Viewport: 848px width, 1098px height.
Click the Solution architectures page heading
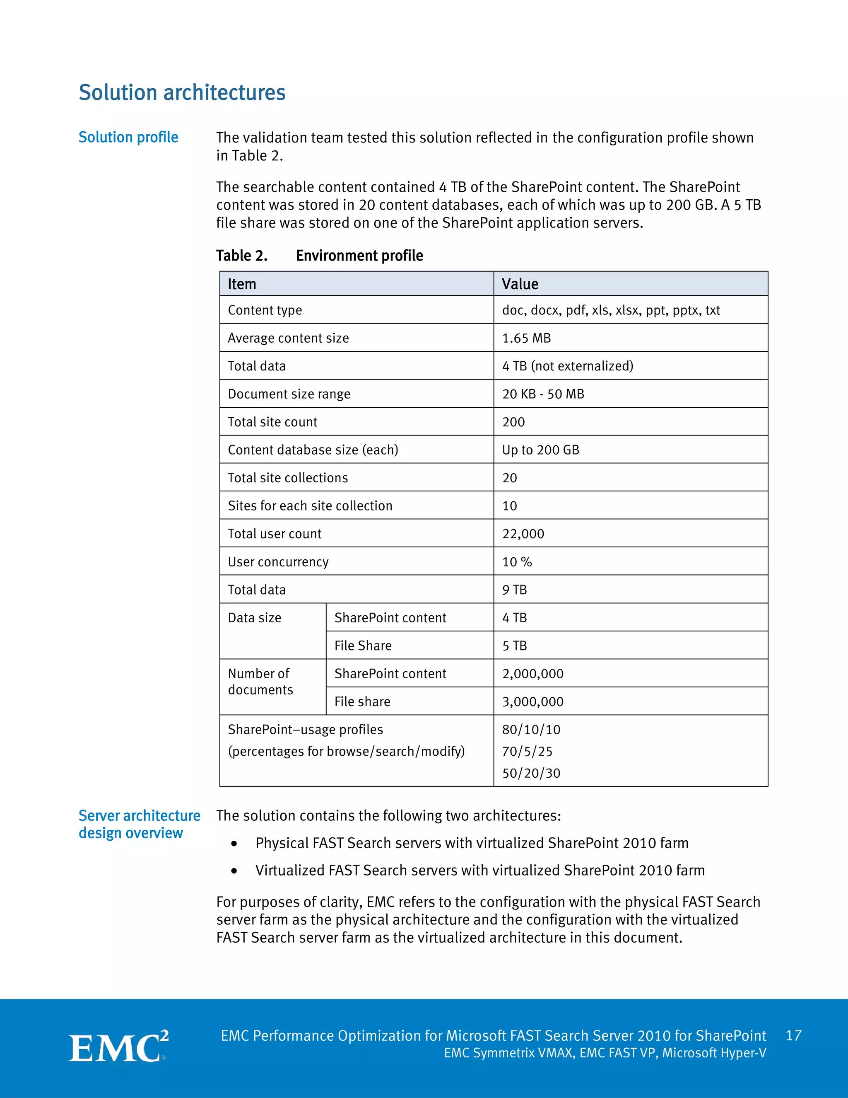[x=182, y=92]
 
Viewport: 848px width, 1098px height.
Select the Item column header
[x=242, y=284]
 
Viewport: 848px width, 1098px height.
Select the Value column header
[x=520, y=284]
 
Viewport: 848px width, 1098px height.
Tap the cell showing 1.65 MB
[x=527, y=338]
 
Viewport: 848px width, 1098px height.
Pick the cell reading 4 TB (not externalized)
[x=568, y=366]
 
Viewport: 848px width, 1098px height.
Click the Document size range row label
[x=289, y=394]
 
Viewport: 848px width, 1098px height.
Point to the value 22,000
[x=523, y=534]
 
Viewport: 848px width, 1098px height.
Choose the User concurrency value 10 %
[x=517, y=562]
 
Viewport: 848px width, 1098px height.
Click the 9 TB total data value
[x=514, y=590]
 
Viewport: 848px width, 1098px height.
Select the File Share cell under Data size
[x=363, y=646]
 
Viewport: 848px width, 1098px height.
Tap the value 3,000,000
[x=532, y=701]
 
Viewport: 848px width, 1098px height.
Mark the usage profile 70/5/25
[x=527, y=752]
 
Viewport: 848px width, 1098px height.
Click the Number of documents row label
[x=260, y=682]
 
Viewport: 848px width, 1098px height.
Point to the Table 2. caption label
[x=242, y=256]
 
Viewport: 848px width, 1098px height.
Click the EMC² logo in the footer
[x=118, y=1047]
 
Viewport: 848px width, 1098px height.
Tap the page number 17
[x=793, y=1036]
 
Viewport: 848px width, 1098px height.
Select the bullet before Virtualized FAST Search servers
[x=234, y=871]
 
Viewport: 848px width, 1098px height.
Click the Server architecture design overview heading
[x=139, y=825]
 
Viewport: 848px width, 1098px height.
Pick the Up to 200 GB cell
[x=540, y=450]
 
